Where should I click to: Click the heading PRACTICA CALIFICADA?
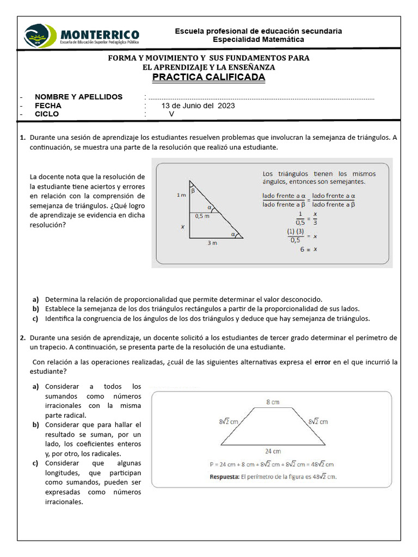[208, 77]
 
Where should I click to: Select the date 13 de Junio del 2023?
[198, 106]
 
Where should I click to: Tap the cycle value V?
[171, 114]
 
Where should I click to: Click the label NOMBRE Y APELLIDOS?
[78, 97]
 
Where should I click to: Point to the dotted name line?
[261, 98]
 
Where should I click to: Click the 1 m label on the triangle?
[181, 195]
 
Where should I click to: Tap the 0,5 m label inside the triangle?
[202, 216]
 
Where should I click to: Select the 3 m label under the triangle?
[212, 243]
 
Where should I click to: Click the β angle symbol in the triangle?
[193, 190]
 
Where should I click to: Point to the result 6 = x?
[308, 249]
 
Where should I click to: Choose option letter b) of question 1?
[35, 308]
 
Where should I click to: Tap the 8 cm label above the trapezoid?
[273, 402]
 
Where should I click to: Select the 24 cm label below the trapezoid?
[273, 451]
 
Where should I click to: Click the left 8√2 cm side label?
[229, 422]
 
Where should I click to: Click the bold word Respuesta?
[228, 476]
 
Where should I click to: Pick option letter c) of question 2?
[35, 463]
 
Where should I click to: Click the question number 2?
[23, 338]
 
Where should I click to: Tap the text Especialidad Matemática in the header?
[258, 40]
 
